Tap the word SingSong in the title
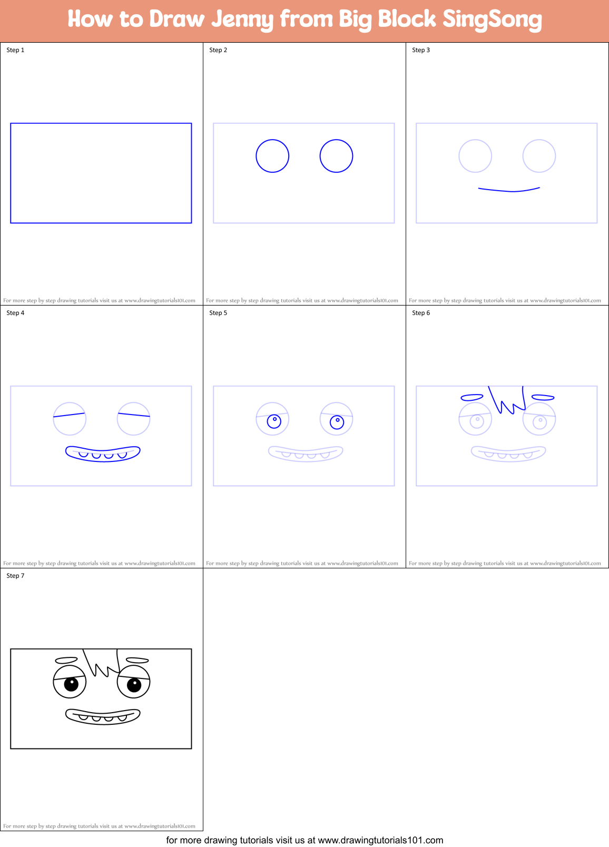click(492, 19)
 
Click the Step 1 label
click(15, 50)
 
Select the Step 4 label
click(15, 313)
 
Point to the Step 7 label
click(15, 576)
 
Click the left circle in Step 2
click(272, 156)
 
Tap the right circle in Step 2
click(336, 156)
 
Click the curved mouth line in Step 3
click(509, 190)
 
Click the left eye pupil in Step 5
click(274, 421)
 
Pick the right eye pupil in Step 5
click(337, 422)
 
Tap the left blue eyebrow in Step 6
click(472, 397)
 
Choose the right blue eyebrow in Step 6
click(543, 398)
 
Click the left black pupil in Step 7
click(71, 684)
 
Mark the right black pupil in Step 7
click(134, 685)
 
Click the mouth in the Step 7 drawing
click(103, 716)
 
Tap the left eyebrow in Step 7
click(66, 660)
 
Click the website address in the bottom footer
click(380, 840)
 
